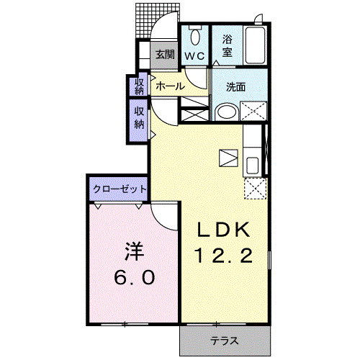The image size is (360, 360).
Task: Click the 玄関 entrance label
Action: pos(165,53)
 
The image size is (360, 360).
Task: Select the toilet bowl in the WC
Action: pos(195,37)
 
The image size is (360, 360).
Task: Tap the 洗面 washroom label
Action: pos(236,87)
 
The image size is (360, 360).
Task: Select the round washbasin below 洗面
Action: pos(226,112)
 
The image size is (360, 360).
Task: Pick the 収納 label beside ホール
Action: pos(138,86)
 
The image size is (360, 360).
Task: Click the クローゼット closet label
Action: pos(119,189)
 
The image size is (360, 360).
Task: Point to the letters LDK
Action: pos(224,230)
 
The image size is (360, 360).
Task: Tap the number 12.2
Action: pos(224,256)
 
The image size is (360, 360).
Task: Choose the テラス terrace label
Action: pos(225,340)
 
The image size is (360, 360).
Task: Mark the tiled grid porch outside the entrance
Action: pos(145,22)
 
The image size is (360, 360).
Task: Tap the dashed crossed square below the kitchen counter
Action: pos(253,189)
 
